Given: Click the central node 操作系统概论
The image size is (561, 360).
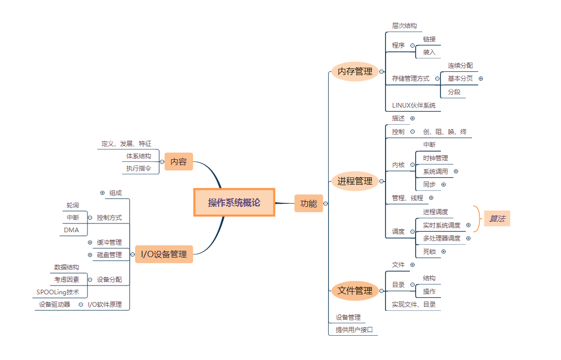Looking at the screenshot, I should coord(234,203).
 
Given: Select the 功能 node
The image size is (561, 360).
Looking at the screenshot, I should coord(308,203).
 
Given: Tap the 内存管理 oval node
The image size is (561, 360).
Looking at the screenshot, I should coord(355,71).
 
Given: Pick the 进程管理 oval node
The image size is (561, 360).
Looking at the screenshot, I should coord(355,181).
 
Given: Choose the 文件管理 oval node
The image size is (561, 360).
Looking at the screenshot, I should coord(355,291).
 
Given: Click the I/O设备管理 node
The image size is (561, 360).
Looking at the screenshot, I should coord(164,254).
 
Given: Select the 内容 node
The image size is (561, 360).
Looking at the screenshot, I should coord(179,162).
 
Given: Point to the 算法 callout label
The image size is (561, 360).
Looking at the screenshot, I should coord(497,219).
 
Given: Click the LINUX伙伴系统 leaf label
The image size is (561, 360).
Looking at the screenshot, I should coord(414,106).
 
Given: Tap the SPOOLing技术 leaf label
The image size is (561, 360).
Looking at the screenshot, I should coord(58,292).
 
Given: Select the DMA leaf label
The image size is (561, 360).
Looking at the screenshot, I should coord(71,230).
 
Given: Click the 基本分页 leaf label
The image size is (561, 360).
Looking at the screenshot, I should coord(460,79).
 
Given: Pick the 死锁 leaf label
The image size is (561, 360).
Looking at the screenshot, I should coord(429,251).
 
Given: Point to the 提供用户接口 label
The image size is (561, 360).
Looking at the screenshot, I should coord(355,330).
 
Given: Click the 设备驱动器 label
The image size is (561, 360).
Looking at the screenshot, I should coord(54,305).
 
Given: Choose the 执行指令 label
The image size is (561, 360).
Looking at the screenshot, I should coord(139,168).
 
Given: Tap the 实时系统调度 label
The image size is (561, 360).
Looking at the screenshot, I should coord(441,225).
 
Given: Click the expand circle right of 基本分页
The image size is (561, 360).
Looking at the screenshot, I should coord(481,79).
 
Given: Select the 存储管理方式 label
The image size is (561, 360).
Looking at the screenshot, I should coord(410,79).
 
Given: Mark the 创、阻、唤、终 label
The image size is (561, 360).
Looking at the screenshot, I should coord(445,132).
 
